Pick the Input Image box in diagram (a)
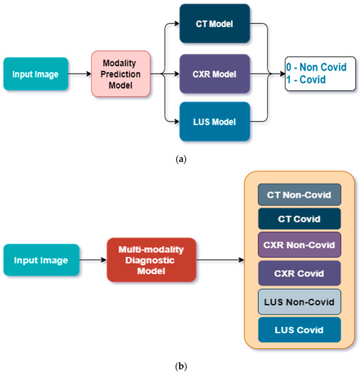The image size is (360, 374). (35, 73)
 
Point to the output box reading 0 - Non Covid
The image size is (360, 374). (318, 67)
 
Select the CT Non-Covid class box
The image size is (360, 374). (299, 195)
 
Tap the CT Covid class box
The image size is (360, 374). (299, 219)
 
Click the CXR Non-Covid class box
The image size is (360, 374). (299, 244)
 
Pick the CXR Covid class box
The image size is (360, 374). (299, 273)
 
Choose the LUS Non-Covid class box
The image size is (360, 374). (299, 301)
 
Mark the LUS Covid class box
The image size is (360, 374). (299, 329)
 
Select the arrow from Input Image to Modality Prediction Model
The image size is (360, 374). (80, 73)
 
